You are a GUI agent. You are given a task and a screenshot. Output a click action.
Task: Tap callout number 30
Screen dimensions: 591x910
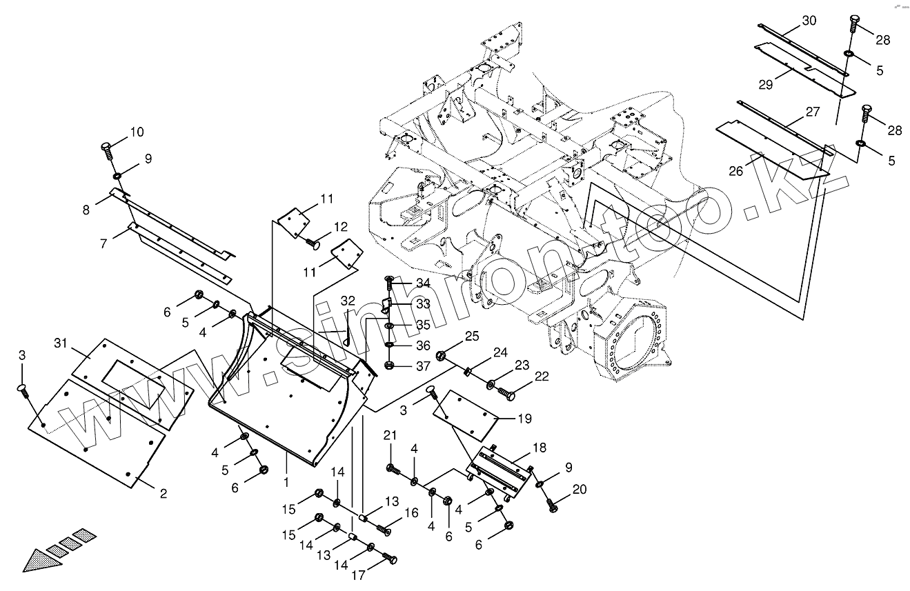click(809, 21)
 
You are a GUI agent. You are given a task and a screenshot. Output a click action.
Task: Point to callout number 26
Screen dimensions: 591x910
click(736, 171)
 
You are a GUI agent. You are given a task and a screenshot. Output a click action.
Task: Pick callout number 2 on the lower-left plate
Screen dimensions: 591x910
click(163, 493)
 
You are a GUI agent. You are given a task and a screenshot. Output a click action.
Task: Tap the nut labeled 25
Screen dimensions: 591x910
click(441, 357)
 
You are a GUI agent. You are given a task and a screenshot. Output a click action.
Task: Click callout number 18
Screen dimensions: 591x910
click(539, 448)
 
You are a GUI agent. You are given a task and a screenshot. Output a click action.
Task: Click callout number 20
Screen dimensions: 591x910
click(580, 490)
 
